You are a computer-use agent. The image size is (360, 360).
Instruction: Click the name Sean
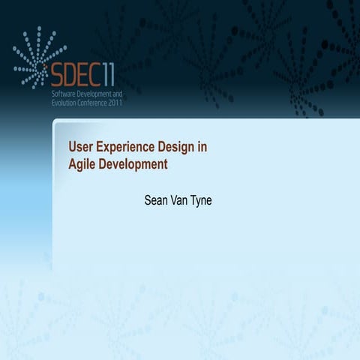click(155, 200)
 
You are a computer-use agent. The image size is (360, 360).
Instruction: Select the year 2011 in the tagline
click(113, 103)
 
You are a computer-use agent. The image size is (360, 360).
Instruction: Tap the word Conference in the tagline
click(91, 103)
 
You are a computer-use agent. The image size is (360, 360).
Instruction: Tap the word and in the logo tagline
click(115, 95)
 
